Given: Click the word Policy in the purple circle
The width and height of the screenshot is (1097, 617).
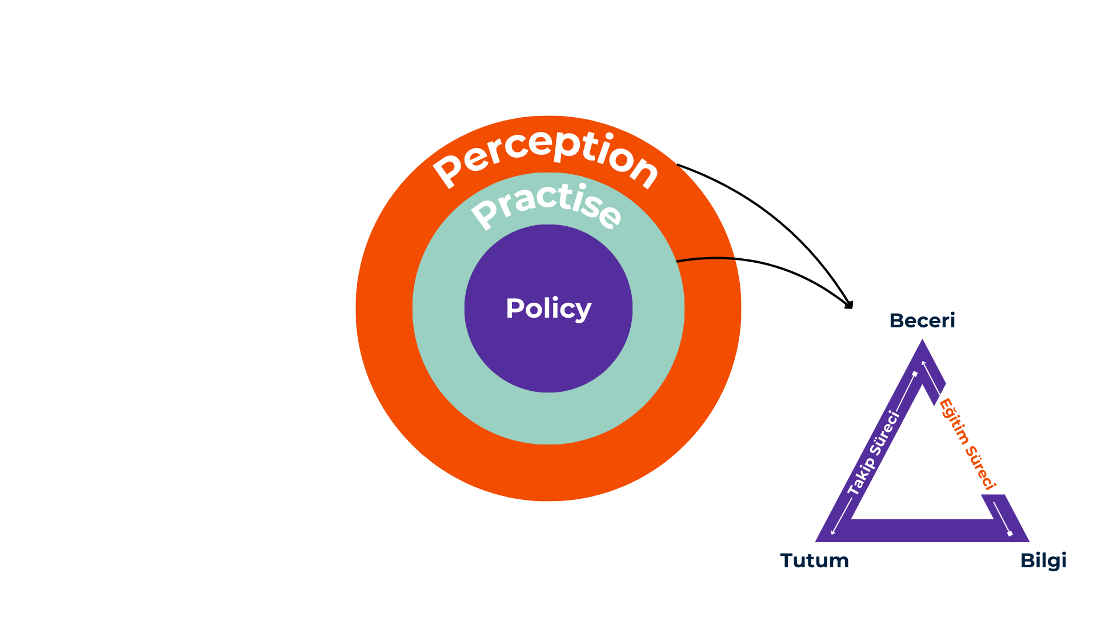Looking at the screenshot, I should [548, 308].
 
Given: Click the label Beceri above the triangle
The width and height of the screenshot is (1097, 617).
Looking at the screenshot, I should [922, 320].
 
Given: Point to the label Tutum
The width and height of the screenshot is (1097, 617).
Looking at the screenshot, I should [814, 560].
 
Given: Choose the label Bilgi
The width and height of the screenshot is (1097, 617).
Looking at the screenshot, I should [1043, 560].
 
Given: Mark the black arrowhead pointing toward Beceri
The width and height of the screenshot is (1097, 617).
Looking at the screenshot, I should [849, 305].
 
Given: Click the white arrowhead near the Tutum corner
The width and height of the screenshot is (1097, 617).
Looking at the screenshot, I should [833, 533].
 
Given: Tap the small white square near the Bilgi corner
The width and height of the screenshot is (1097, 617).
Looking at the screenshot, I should [1010, 534].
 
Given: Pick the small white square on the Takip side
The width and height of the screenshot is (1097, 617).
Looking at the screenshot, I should [915, 374].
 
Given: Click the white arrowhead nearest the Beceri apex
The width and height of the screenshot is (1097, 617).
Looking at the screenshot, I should [923, 363].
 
